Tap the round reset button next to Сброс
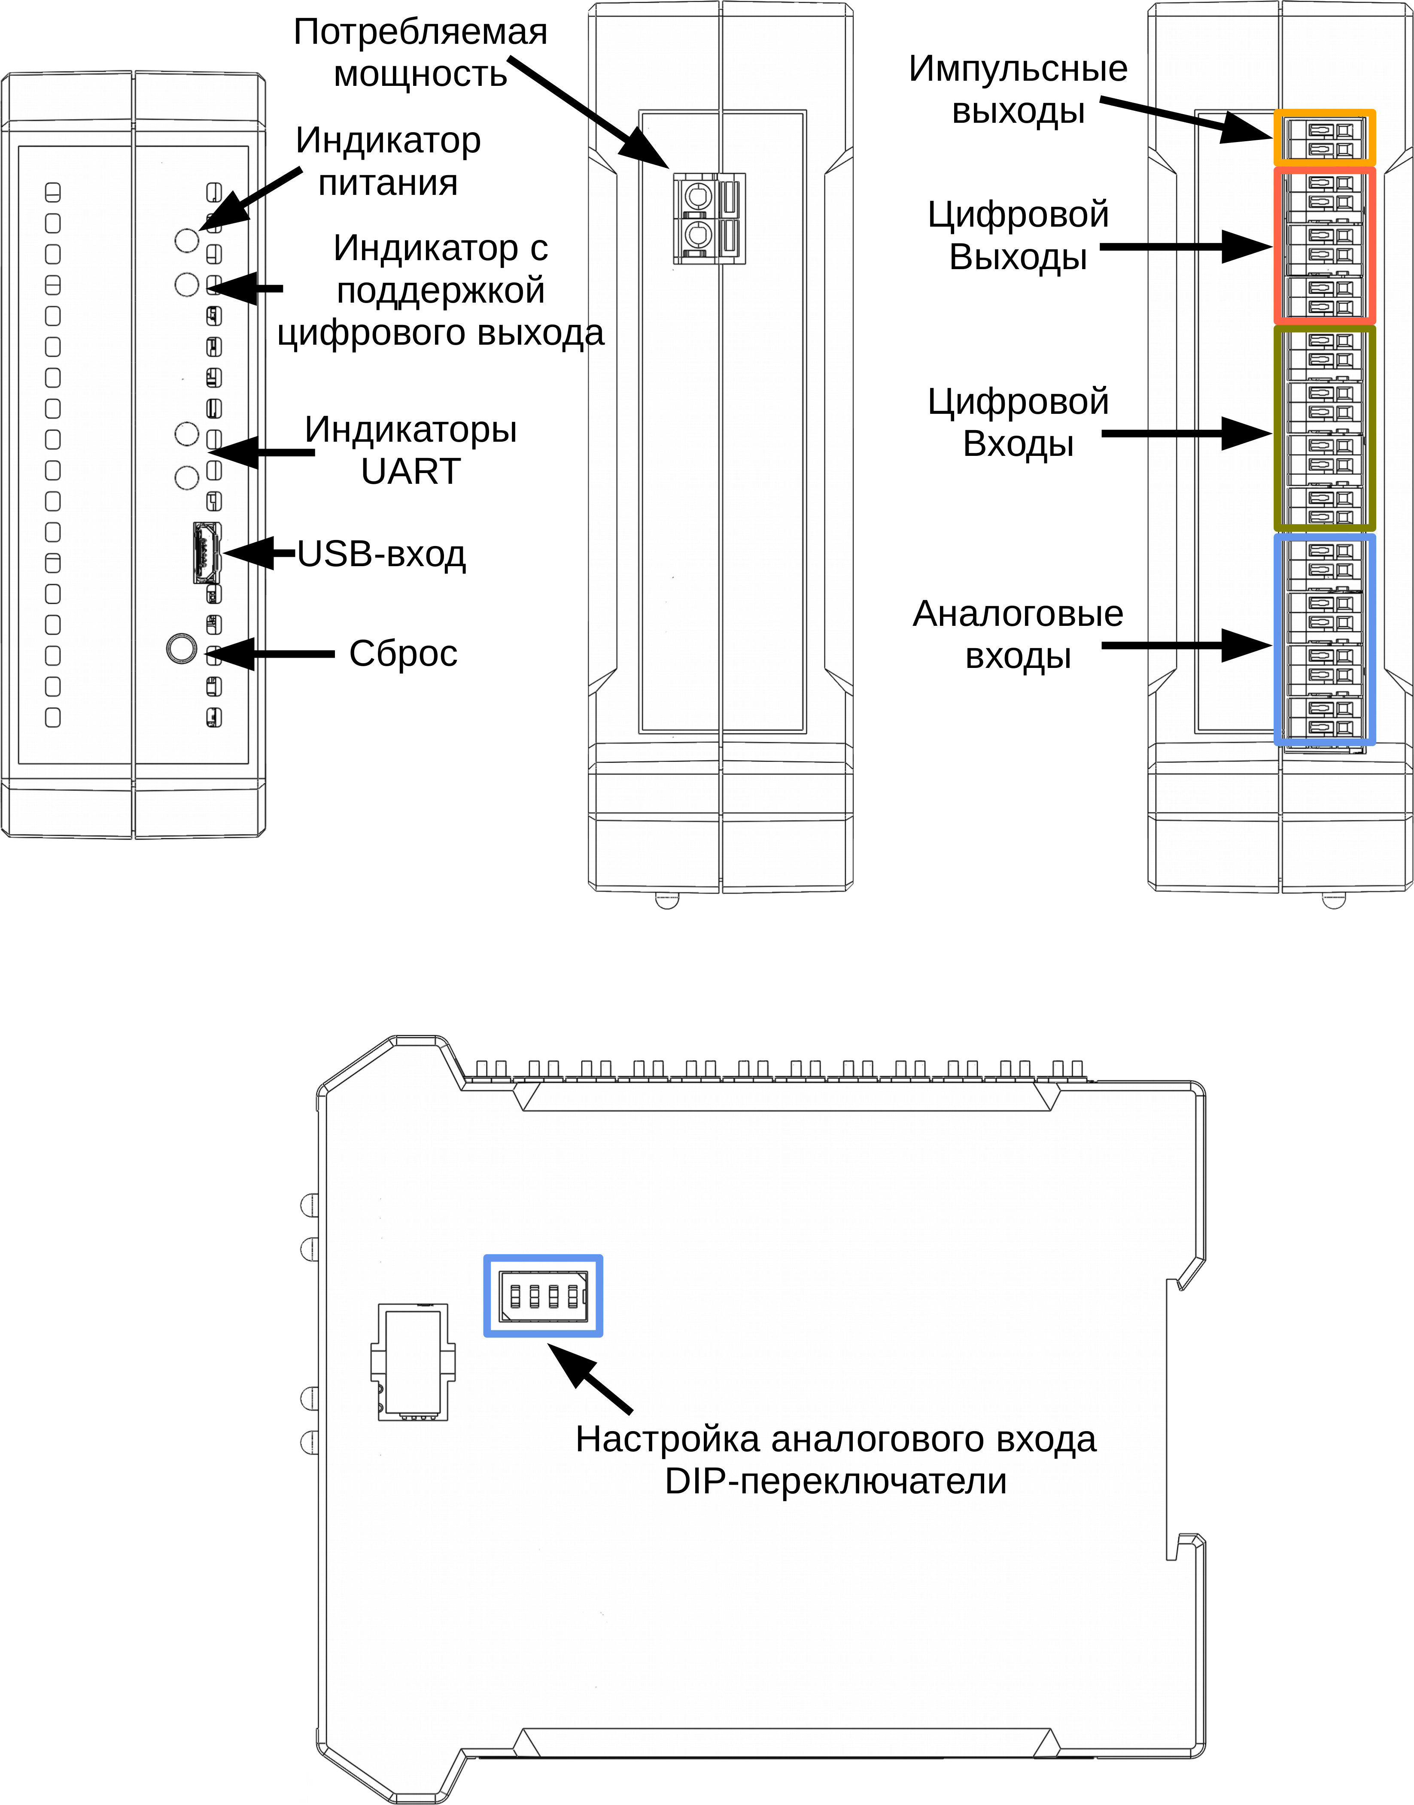[181, 647]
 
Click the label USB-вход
[382, 555]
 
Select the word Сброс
[403, 654]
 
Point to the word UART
[411, 472]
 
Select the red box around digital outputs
[1324, 246]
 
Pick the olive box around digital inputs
[1324, 428]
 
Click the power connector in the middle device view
[709, 218]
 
